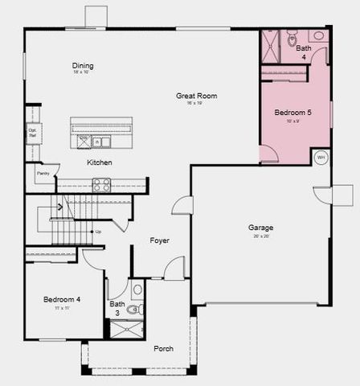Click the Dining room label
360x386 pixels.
point(83,66)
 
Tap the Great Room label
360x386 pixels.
point(197,96)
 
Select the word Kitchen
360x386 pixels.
point(100,162)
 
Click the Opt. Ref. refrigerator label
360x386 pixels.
point(33,132)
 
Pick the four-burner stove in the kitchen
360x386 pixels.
point(101,183)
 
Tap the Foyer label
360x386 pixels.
point(160,240)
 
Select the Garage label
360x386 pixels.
point(260,228)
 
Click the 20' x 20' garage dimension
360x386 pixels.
point(260,236)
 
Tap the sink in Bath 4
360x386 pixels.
point(319,36)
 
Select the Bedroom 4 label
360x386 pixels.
point(61,300)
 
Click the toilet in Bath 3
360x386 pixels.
point(133,309)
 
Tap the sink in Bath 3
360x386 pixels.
point(137,288)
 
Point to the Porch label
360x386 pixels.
point(163,348)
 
